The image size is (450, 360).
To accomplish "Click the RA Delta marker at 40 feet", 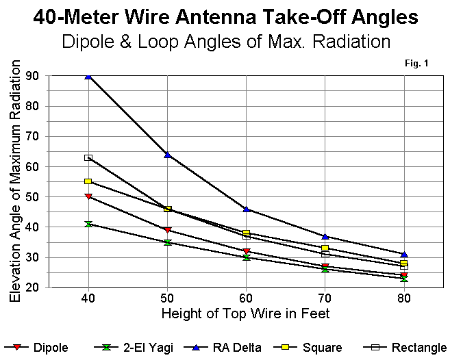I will pos(88,76).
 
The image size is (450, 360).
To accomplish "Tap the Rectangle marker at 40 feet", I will pos(88,157).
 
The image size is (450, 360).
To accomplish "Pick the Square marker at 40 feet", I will pos(88,181).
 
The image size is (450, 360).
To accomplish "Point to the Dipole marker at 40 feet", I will pos(88,196).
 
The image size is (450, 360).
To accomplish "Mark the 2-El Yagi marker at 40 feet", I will pos(88,224).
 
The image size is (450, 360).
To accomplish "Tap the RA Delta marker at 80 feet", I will pos(404,255).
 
